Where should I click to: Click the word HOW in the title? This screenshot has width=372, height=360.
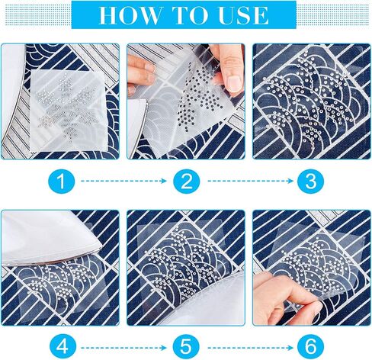tap(130, 15)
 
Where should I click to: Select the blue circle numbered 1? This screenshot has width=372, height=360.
tap(62, 182)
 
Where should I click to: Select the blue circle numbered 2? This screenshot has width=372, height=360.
tap(187, 182)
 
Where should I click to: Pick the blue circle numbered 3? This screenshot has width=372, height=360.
tap(311, 182)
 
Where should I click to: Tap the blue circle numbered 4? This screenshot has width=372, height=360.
tap(62, 347)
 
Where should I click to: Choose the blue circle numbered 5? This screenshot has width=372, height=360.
tap(187, 347)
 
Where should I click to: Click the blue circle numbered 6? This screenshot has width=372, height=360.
tap(311, 347)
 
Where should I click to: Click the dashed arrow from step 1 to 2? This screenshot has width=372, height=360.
tap(123, 181)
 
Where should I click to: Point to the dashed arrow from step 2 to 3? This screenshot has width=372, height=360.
tap(250, 181)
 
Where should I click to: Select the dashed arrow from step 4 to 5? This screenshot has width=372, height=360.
tap(123, 348)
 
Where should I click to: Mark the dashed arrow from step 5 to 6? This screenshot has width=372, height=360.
tap(250, 348)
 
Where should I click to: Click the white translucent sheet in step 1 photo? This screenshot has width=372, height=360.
tap(66, 111)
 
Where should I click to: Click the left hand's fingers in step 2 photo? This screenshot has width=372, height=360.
tap(141, 74)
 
